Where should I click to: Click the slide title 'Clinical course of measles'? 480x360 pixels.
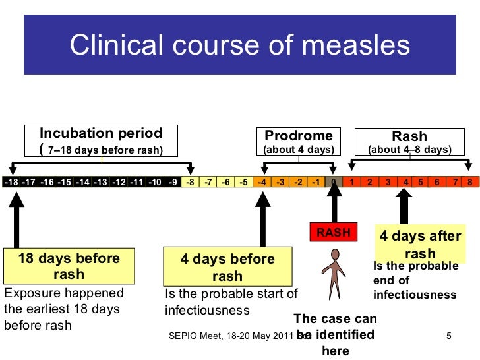[240, 45]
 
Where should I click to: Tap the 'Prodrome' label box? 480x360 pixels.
[299, 141]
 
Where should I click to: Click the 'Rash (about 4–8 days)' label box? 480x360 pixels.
[409, 141]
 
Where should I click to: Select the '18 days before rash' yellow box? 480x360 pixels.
[69, 266]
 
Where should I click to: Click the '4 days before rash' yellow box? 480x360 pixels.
[227, 267]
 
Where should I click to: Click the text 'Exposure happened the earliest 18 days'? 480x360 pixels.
[63, 300]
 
